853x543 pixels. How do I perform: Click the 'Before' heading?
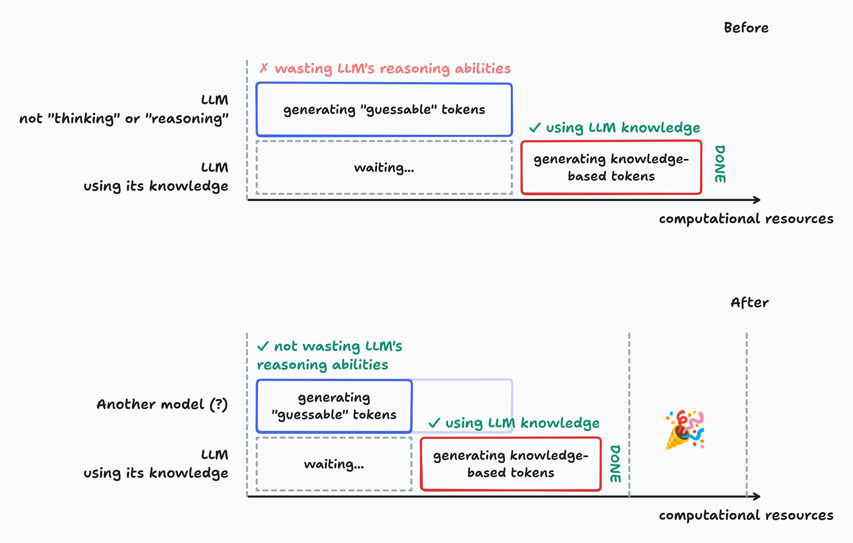coord(746,28)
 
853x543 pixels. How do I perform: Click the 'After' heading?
coord(749,303)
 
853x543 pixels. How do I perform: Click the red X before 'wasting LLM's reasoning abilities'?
coord(263,68)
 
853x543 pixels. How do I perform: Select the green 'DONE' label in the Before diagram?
coord(720,164)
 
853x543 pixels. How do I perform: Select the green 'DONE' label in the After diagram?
coord(615,464)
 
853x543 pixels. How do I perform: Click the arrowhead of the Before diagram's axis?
coord(757,200)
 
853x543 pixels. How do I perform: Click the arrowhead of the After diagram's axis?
coord(757,496)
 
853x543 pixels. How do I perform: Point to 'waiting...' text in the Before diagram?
coord(384,167)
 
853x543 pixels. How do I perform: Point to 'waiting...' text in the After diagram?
coord(334,464)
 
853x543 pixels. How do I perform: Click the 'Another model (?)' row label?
coord(162,404)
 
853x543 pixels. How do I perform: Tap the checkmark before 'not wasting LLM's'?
coord(263,346)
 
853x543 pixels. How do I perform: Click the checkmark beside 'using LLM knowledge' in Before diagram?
coord(535,127)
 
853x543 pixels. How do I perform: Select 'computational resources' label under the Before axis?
coord(746,219)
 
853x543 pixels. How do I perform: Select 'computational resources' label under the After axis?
coord(746,515)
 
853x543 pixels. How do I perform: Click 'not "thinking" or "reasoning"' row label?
coord(124,118)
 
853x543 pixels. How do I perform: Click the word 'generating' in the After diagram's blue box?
coord(334,398)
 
